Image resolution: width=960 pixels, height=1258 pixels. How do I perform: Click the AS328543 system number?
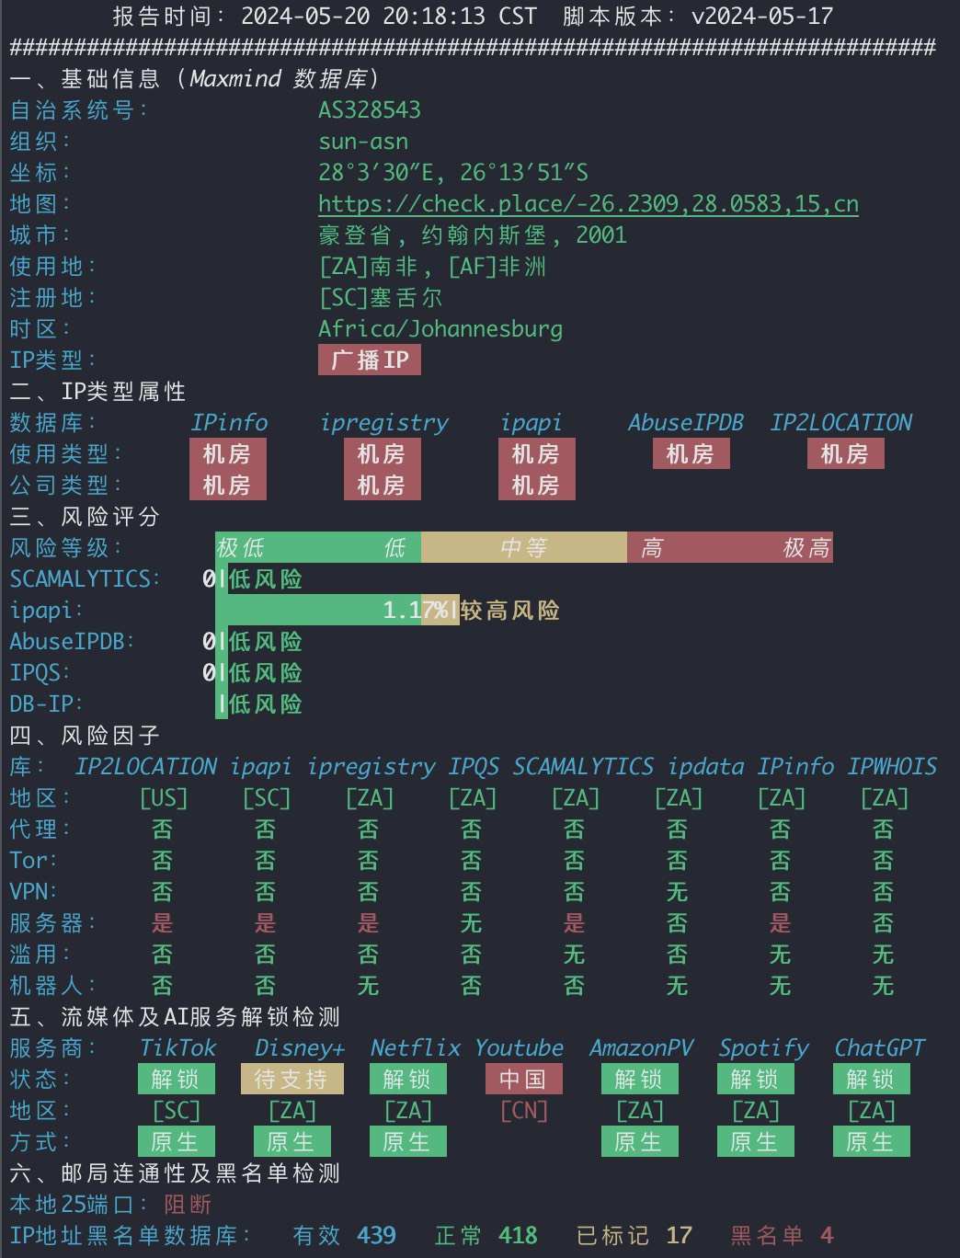coord(370,110)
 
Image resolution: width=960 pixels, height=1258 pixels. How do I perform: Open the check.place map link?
coord(589,204)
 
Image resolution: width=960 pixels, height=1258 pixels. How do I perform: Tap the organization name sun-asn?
coord(363,142)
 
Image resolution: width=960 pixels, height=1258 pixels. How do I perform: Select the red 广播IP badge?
coord(370,360)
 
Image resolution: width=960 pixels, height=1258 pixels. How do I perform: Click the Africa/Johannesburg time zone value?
coord(440,329)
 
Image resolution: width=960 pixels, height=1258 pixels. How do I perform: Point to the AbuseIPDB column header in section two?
coord(686,423)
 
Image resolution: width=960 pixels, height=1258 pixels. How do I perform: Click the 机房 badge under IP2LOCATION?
coord(845,454)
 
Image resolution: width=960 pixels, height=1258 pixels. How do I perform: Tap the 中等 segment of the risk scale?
coord(524,547)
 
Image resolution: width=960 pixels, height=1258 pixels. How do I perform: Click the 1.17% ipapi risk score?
coord(416,611)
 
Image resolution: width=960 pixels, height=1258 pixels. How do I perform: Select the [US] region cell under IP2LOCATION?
coord(164,798)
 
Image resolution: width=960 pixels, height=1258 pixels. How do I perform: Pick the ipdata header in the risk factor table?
coord(706,767)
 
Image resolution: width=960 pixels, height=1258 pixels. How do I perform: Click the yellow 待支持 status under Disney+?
coord(292,1080)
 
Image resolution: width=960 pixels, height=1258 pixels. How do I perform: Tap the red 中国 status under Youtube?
coord(524,1080)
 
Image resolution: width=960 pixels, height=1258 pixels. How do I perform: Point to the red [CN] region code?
coord(524,1111)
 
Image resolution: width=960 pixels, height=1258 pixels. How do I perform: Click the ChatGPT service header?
coord(880,1048)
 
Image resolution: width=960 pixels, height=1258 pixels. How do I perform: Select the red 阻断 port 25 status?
coord(188,1205)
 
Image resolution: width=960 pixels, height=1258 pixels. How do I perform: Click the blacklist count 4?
coord(827,1236)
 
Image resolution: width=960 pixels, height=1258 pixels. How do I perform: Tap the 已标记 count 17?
coord(680,1236)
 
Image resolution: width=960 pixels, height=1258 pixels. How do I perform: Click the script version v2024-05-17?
coord(762,16)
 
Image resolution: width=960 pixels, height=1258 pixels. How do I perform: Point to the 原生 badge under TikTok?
coord(177,1141)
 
